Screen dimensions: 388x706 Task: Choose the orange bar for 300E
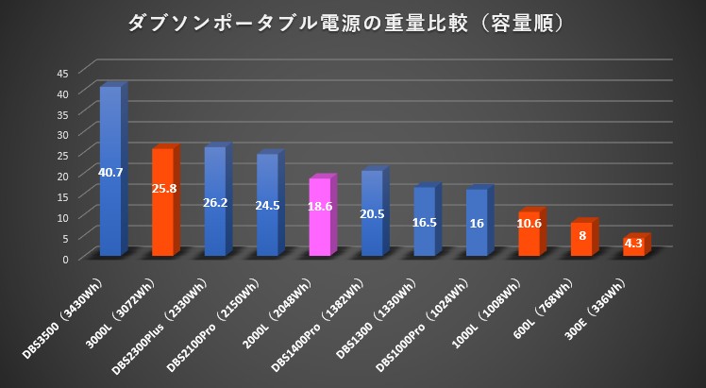(x=632, y=247)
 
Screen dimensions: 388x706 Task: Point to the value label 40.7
(x=110, y=171)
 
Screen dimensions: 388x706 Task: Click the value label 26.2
(x=215, y=202)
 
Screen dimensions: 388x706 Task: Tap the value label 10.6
(x=529, y=224)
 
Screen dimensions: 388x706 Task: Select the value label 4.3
(x=633, y=244)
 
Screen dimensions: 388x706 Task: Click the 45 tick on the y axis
(x=62, y=73)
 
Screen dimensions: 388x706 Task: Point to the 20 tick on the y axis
(x=62, y=176)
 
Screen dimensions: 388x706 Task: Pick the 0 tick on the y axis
(x=66, y=259)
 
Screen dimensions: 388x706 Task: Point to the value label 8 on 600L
(x=582, y=235)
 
